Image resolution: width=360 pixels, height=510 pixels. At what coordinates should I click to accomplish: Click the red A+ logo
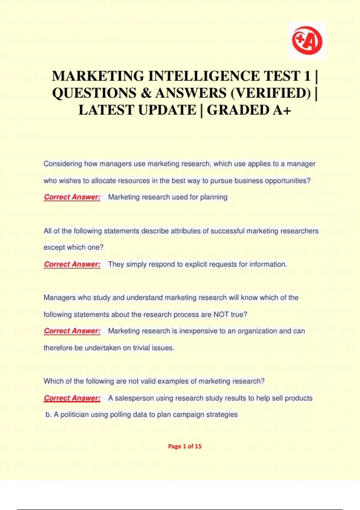click(x=307, y=40)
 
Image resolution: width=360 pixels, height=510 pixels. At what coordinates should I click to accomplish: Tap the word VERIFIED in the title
click(x=270, y=93)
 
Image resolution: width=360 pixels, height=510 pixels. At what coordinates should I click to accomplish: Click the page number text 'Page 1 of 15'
click(x=185, y=446)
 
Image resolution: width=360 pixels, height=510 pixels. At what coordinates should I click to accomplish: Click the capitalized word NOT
click(x=221, y=314)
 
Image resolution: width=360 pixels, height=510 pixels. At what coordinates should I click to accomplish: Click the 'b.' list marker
click(x=49, y=415)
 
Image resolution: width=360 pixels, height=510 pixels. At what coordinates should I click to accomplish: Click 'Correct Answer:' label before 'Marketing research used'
click(x=72, y=197)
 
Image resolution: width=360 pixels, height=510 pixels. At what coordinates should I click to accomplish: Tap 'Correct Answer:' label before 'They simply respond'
click(x=72, y=264)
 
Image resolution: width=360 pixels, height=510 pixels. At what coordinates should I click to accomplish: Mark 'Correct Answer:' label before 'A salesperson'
click(x=72, y=398)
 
